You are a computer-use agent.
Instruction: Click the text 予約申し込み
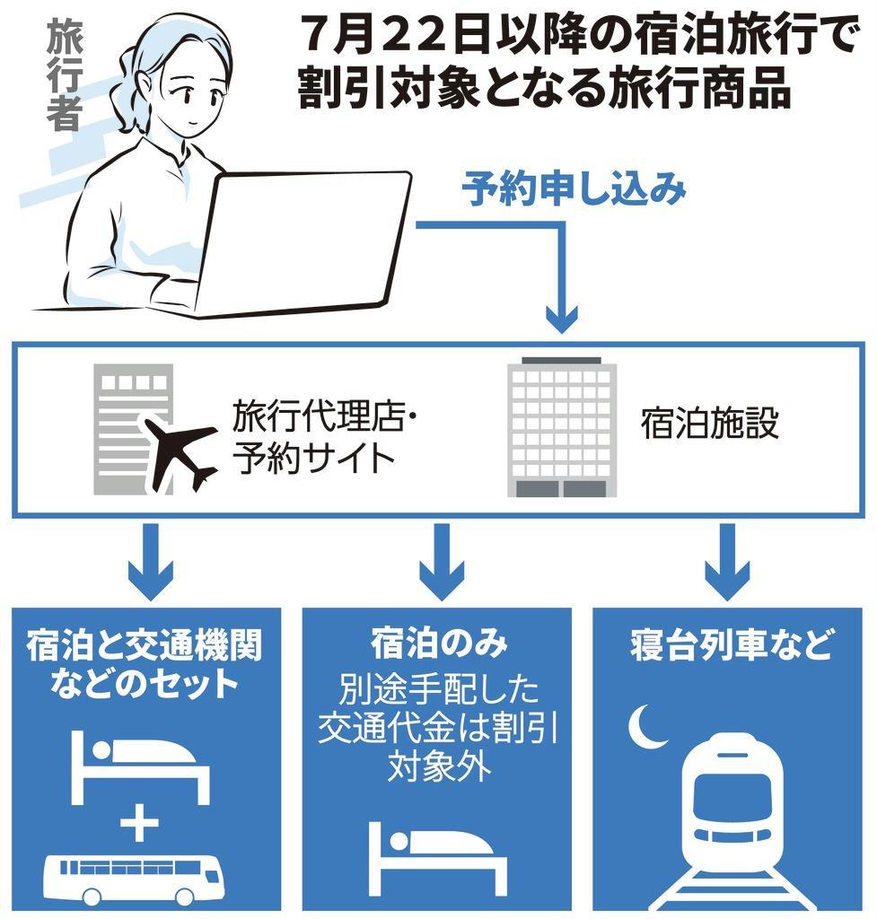(x=574, y=190)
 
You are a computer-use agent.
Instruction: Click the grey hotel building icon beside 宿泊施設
(x=562, y=426)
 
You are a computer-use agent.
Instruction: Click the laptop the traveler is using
(x=296, y=242)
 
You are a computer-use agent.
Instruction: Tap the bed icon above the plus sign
(x=139, y=763)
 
